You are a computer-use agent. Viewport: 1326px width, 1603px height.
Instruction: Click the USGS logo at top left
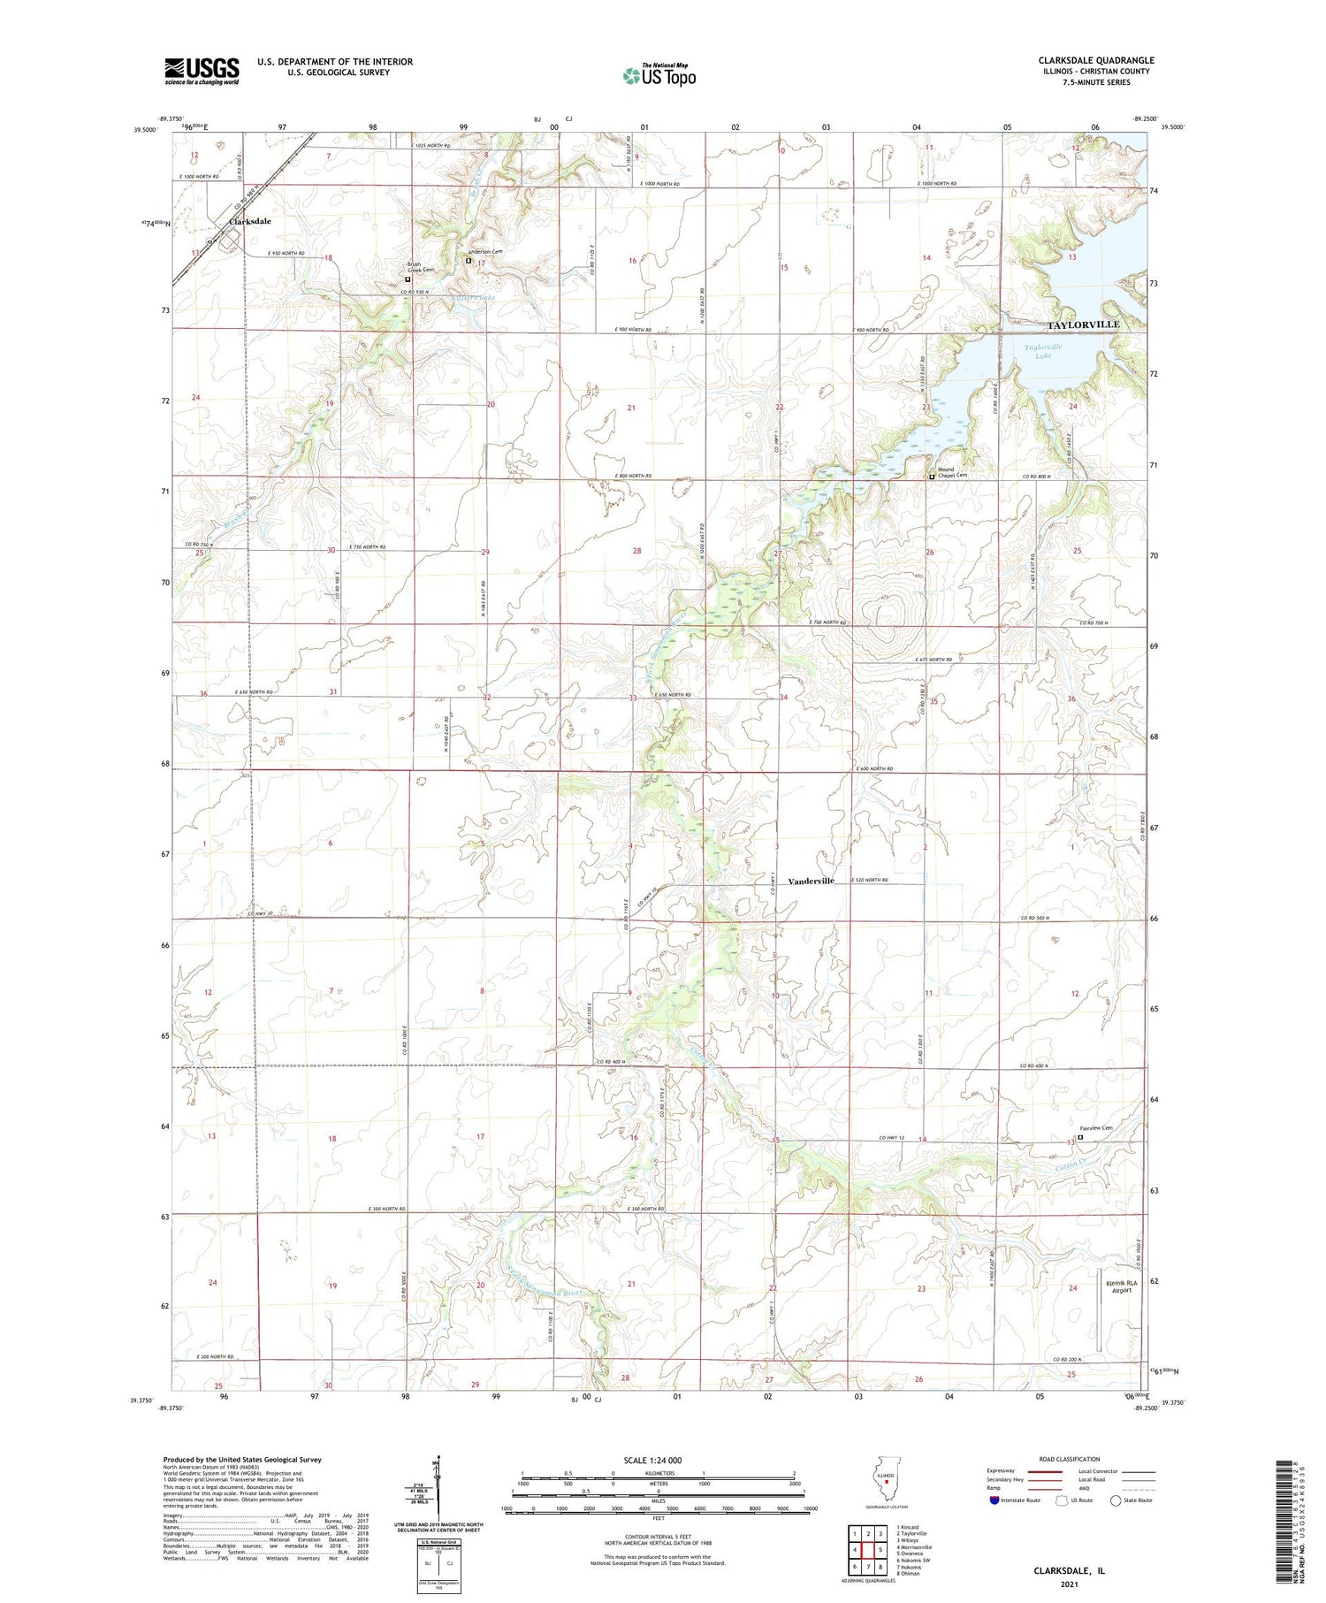click(202, 71)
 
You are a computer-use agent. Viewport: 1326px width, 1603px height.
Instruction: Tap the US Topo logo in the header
click(659, 75)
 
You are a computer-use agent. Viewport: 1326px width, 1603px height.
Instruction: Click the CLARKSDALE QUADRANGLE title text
click(1095, 60)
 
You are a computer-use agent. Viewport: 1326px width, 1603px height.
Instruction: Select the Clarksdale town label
click(250, 221)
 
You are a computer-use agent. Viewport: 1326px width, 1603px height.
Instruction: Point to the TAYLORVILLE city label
click(1083, 324)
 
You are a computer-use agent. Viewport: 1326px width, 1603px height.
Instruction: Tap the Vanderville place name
click(811, 881)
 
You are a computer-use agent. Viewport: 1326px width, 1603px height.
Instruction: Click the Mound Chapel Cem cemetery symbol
click(931, 477)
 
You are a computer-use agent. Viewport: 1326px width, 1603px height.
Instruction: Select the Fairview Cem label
click(1096, 1127)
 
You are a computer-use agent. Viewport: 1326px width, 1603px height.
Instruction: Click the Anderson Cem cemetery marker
click(469, 260)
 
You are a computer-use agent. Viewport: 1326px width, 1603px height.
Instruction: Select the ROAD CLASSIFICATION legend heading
click(1069, 1459)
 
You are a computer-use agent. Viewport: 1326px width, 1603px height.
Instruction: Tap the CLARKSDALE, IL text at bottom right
click(1069, 1571)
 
